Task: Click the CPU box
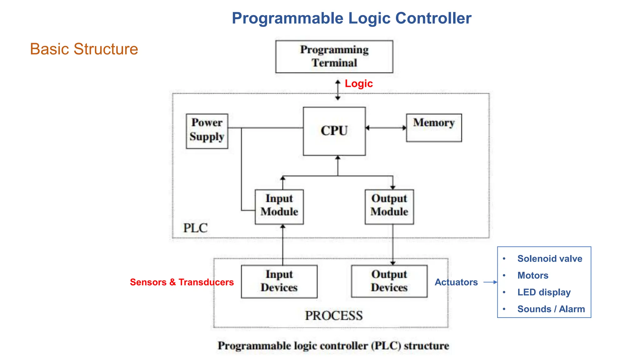pyautogui.click(x=334, y=131)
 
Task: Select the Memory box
pyautogui.click(x=434, y=127)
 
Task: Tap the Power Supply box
pyautogui.click(x=207, y=131)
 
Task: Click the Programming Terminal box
pyautogui.click(x=334, y=57)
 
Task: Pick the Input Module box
pyautogui.click(x=279, y=207)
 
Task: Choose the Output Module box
pyautogui.click(x=389, y=207)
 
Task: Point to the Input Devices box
pyautogui.click(x=279, y=281)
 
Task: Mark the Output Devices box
pyautogui.click(x=389, y=281)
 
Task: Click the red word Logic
pyautogui.click(x=359, y=83)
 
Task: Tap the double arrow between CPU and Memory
pyautogui.click(x=386, y=127)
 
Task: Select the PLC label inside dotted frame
pyautogui.click(x=195, y=228)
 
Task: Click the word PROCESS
pyautogui.click(x=334, y=315)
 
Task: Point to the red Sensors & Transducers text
pyautogui.click(x=182, y=282)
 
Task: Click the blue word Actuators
pyautogui.click(x=456, y=282)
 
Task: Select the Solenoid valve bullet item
pyautogui.click(x=549, y=259)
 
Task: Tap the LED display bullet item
pyautogui.click(x=544, y=292)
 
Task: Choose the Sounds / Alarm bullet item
pyautogui.click(x=551, y=309)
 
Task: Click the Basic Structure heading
pyautogui.click(x=84, y=49)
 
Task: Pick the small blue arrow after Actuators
pyautogui.click(x=490, y=282)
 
